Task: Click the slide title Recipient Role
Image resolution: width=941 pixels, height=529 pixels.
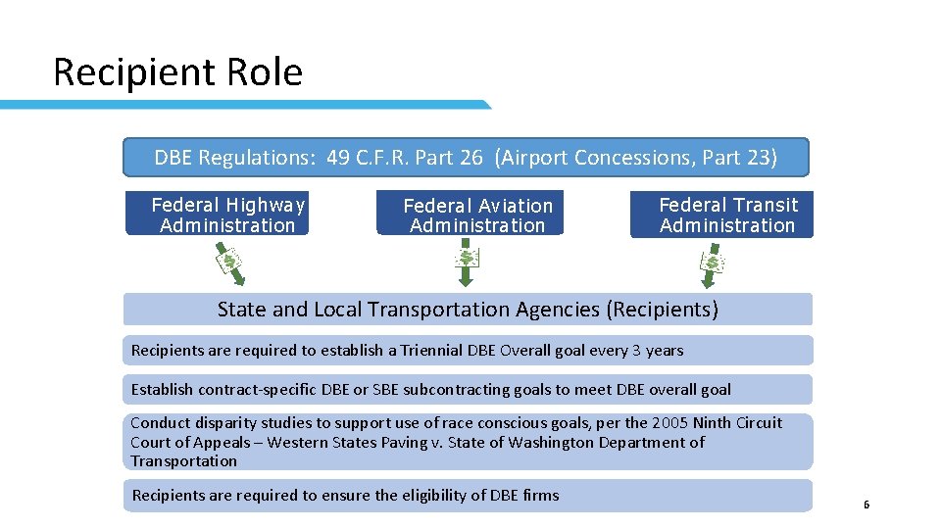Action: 177,72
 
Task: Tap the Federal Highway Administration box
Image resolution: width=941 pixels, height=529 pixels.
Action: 218,215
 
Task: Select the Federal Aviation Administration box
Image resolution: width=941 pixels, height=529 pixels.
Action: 470,215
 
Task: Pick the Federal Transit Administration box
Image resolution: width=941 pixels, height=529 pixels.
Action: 721,215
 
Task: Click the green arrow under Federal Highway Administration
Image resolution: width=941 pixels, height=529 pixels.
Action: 228,264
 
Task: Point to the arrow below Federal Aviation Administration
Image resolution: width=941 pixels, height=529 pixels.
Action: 467,263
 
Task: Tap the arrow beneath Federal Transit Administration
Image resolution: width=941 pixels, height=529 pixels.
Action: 711,264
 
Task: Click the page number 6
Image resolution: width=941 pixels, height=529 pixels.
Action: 867,505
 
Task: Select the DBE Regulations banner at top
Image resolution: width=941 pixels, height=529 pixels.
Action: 466,157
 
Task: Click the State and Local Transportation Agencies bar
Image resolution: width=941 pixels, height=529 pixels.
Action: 468,310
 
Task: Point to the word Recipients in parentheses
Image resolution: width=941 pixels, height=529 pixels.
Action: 662,310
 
